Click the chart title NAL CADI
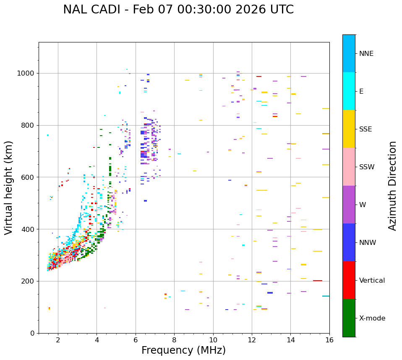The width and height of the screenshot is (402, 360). point(178,10)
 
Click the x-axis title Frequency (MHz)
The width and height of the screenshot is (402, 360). point(183,350)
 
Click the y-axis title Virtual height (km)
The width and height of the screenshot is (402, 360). point(9,188)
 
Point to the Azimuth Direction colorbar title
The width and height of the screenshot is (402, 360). point(392,186)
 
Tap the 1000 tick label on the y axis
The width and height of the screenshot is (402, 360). point(26,74)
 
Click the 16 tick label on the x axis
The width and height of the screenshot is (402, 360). point(329,340)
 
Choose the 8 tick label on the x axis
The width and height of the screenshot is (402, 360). point(174,340)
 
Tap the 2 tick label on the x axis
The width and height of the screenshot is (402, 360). point(58,340)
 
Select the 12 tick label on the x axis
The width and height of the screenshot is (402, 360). point(252,340)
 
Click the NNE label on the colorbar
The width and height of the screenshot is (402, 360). point(366,54)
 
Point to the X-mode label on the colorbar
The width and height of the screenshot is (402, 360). point(372,318)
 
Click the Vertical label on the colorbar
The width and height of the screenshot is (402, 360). point(372,281)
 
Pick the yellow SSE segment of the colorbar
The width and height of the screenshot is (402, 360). point(349,129)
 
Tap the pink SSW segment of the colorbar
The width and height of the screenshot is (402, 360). point(349,167)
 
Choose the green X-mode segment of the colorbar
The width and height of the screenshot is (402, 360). point(349,318)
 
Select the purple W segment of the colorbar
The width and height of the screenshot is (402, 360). point(349,205)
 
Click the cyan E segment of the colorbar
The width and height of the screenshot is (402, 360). point(349,91)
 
